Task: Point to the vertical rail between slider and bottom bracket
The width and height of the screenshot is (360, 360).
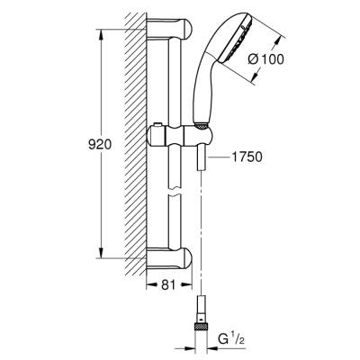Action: (170, 202)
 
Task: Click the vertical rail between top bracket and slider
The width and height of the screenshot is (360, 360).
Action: (170, 81)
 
